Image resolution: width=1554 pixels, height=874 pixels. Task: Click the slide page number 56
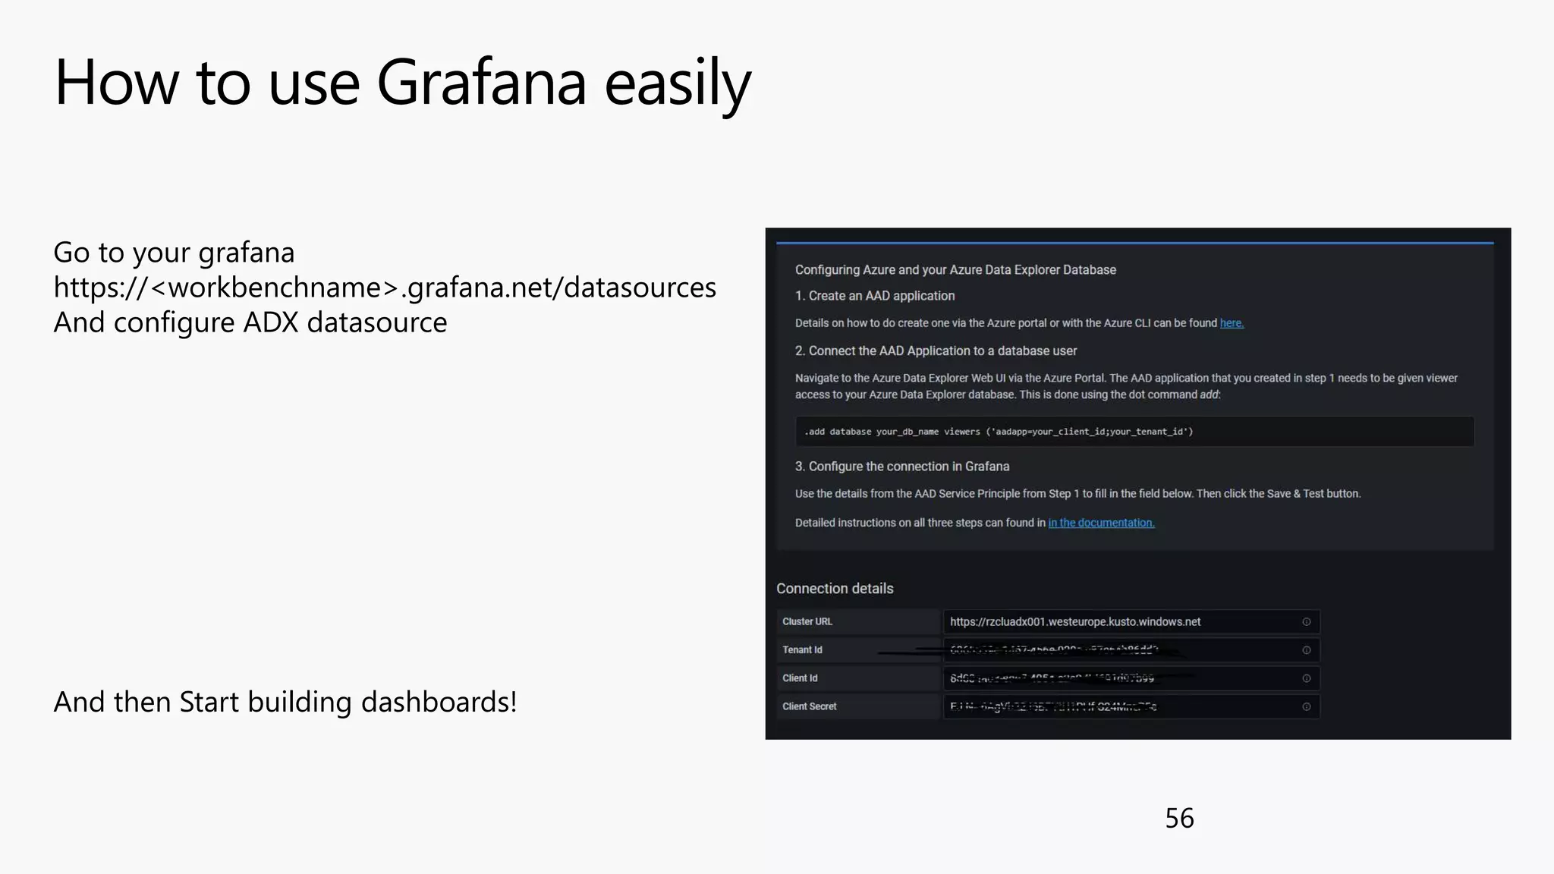pos(1179,819)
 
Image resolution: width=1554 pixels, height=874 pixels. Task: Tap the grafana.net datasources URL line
pos(385,288)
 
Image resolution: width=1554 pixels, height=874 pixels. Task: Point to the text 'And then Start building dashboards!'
pos(285,702)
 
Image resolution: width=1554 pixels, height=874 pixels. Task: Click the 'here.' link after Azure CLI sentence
pos(1232,323)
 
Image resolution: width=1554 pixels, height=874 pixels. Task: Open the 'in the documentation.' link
pos(1101,523)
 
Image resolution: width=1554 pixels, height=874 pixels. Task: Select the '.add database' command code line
pos(999,432)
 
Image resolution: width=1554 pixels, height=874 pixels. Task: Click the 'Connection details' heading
pos(835,589)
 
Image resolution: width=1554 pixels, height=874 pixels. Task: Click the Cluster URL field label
pos(807,622)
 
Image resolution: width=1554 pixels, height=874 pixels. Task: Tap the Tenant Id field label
pos(802,650)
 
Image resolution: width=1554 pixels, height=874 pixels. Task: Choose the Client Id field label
pos(800,678)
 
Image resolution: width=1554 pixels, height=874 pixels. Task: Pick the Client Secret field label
pos(809,706)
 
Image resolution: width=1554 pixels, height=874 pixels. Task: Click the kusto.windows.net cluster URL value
pos(1075,622)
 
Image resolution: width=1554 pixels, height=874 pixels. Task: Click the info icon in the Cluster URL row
pos(1307,622)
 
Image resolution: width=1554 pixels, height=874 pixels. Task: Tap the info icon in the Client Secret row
pos(1307,706)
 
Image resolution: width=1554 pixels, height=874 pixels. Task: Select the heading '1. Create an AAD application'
pos(874,296)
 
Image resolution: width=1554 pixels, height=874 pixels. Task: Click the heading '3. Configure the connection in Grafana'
pos(901,467)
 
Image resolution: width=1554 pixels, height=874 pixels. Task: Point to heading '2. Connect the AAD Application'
pos(936,351)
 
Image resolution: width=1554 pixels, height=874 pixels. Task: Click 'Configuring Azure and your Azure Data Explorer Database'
pos(955,270)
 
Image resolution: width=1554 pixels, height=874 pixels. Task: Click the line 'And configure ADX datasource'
pos(250,322)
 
